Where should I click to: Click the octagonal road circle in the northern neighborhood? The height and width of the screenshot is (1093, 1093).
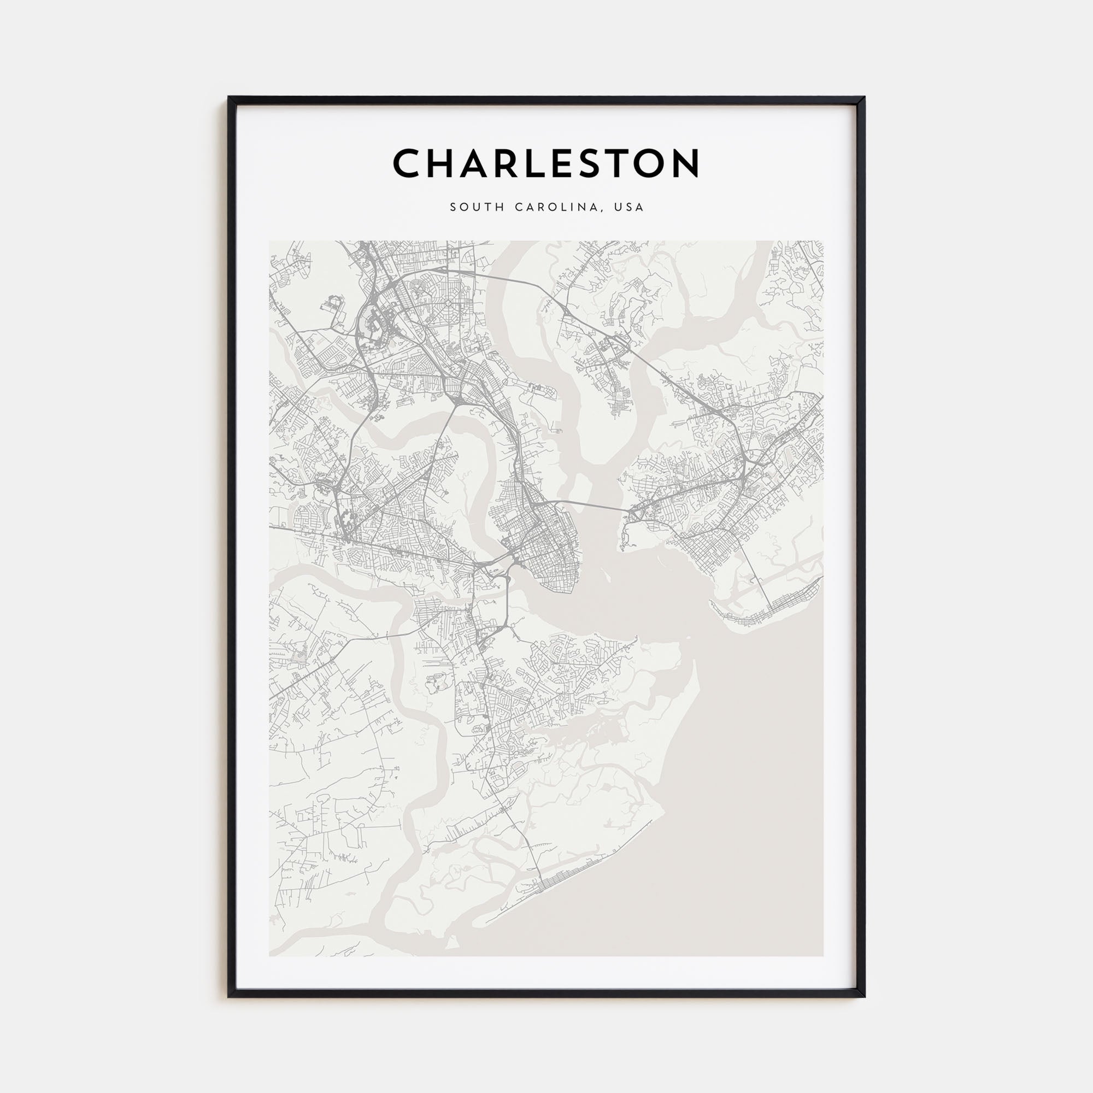(448, 303)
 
